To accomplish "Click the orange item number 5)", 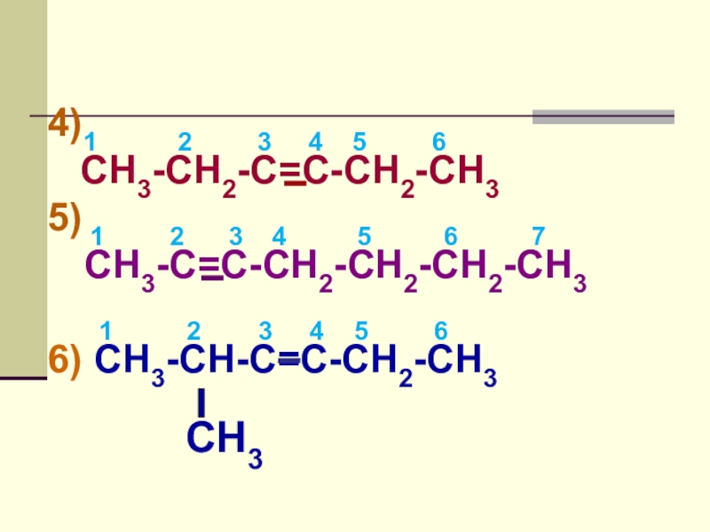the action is click(x=65, y=218).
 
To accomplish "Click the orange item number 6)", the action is click(x=65, y=361).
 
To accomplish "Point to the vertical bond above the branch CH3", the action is click(x=201, y=403).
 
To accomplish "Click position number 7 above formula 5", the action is click(x=538, y=236).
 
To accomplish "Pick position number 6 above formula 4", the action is click(x=438, y=142).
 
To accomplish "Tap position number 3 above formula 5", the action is click(x=235, y=236).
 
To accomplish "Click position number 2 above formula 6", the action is click(x=193, y=332).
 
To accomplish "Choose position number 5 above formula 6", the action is click(x=361, y=332).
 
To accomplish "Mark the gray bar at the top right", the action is click(x=603, y=116).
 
